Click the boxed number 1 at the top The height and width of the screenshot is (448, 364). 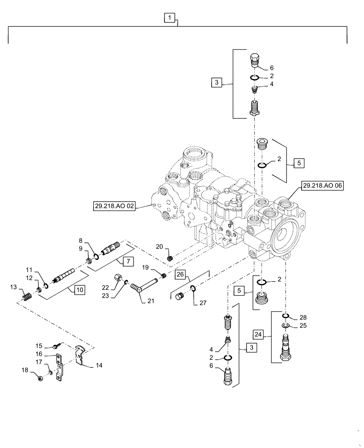169,18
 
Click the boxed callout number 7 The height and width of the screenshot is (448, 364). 127,260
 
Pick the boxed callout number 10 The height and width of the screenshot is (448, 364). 79,290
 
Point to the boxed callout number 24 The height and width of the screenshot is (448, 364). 258,334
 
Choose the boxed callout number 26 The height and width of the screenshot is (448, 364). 179,273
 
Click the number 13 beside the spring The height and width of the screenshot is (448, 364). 13,287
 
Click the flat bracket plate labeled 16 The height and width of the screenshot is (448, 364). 58,368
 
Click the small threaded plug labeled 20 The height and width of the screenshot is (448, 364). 170,258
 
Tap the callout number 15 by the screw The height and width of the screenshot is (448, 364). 39,345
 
